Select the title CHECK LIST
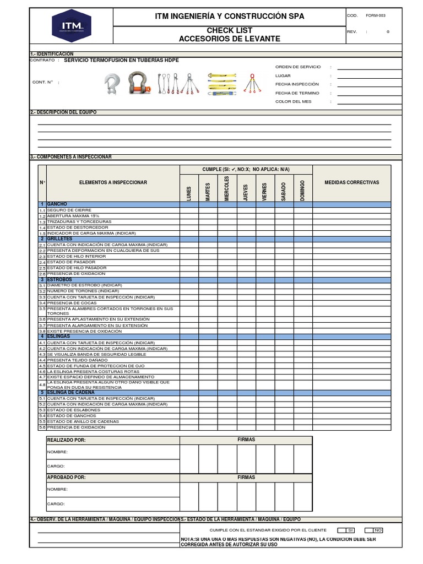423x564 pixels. pos(229,30)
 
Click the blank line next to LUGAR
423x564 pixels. pos(364,75)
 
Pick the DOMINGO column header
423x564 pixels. pos(302,189)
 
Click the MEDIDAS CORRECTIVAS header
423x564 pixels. pos(351,182)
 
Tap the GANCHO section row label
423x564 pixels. pos(57,204)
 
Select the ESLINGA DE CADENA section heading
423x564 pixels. pos(70,392)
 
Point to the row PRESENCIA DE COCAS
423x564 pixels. pos(72,303)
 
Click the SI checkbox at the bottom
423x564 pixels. pos(350,529)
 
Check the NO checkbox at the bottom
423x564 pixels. pos(377,529)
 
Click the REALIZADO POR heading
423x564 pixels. pos(67,440)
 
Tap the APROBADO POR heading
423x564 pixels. pos(66,478)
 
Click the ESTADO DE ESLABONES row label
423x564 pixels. pos(74,410)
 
